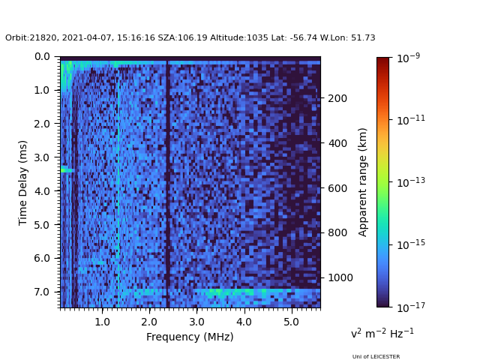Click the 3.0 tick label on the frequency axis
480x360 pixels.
196,321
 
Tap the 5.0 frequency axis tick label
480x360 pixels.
291,321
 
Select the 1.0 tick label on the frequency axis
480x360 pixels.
102,321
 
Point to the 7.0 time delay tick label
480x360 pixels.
42,292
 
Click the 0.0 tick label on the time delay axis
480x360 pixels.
42,56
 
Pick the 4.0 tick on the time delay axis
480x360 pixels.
42,191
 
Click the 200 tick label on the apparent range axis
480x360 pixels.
337,98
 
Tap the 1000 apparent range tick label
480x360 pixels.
340,277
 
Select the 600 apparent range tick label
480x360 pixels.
337,188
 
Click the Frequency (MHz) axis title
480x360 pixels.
190,337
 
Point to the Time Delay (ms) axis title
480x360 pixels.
23,182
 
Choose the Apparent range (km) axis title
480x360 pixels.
363,181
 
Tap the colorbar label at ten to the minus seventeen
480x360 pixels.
409,307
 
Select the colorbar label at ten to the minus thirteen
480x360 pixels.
409,182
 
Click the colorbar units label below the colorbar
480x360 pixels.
382,333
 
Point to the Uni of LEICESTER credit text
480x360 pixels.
376,357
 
